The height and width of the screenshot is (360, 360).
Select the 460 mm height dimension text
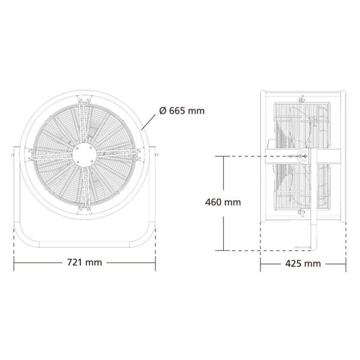click(x=223, y=202)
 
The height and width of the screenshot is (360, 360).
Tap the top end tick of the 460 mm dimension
click(x=223, y=157)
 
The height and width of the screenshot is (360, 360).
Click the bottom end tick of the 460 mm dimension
click(x=223, y=250)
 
